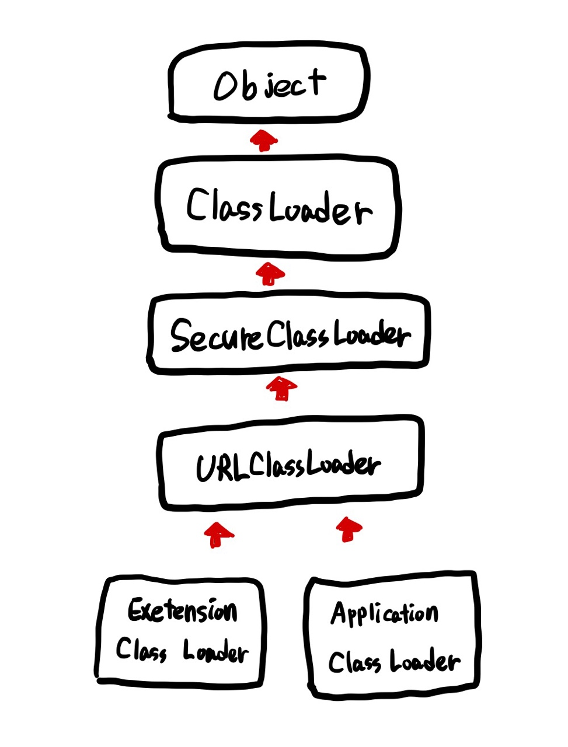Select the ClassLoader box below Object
coord(278,207)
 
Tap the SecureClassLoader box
coord(288,334)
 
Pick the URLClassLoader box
coord(290,464)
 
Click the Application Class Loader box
coord(393,636)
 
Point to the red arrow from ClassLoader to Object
coord(264,141)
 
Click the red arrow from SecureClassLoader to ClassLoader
coord(270,273)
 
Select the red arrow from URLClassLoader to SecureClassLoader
coord(281,388)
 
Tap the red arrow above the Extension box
coord(218,534)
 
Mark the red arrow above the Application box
coord(349,529)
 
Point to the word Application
coord(384,615)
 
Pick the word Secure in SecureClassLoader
coord(216,337)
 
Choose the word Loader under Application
coord(424,662)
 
